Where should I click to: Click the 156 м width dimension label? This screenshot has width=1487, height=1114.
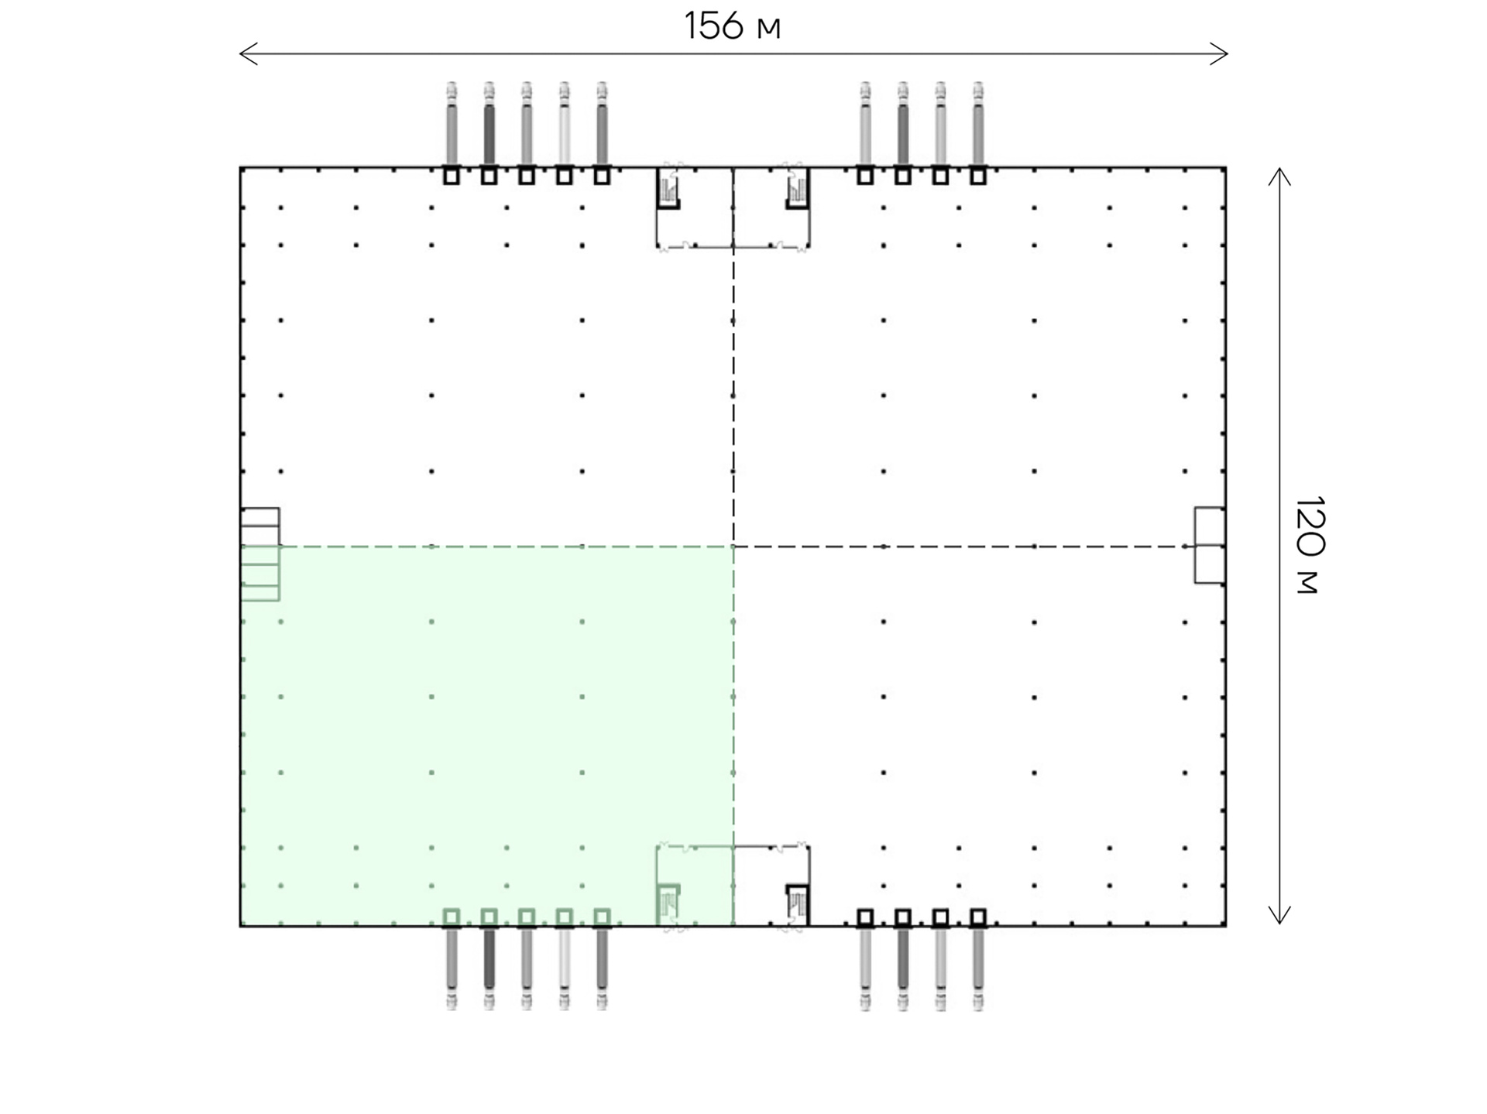pyautogui.click(x=732, y=26)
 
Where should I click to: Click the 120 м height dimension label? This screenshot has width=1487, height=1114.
pyautogui.click(x=1310, y=545)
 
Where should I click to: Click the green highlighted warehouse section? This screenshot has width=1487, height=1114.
pyautogui.click(x=487, y=735)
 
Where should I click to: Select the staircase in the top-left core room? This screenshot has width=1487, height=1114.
pyautogui.click(x=668, y=188)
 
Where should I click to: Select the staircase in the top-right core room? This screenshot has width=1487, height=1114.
pyautogui.click(x=798, y=188)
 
